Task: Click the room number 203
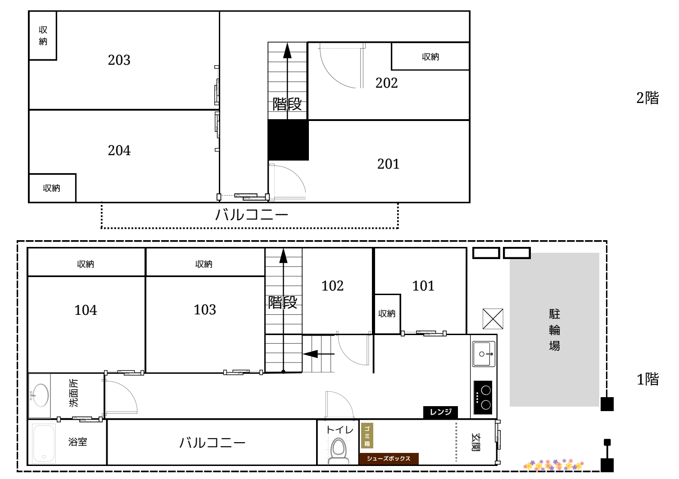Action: pyautogui.click(x=119, y=60)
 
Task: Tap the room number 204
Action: pyautogui.click(x=119, y=151)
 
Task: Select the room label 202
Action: pyautogui.click(x=386, y=83)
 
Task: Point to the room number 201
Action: pyautogui.click(x=388, y=164)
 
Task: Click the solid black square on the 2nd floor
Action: pyautogui.click(x=288, y=140)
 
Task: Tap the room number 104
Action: pyautogui.click(x=86, y=310)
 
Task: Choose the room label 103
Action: pyautogui.click(x=205, y=310)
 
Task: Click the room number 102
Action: pyautogui.click(x=333, y=286)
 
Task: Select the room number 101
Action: pyautogui.click(x=423, y=286)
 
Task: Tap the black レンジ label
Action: pyautogui.click(x=440, y=412)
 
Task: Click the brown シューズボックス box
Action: pyautogui.click(x=389, y=458)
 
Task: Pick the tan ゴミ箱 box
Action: pyautogui.click(x=367, y=435)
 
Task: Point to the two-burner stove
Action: pyautogui.click(x=483, y=398)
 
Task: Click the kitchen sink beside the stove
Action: pyautogui.click(x=484, y=354)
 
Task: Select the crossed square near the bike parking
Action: pyautogui.click(x=493, y=318)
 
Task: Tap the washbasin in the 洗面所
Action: pyautogui.click(x=40, y=395)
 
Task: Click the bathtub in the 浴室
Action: pyautogui.click(x=44, y=443)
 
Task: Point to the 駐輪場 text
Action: pyautogui.click(x=554, y=330)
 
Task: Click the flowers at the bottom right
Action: pyautogui.click(x=553, y=465)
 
